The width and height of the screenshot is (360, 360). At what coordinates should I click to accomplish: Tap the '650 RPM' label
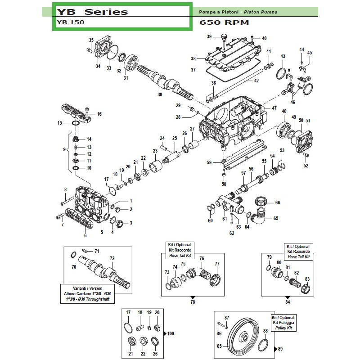coord(224,22)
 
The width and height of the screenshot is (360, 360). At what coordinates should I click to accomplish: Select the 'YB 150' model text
coord(70,22)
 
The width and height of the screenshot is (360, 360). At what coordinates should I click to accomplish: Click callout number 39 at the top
coord(209,36)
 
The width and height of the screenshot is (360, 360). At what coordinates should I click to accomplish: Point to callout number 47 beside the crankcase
coord(274,108)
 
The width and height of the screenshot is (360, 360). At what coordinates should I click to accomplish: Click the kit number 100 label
coord(170,333)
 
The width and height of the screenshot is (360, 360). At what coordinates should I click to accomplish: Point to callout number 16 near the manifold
coord(99,114)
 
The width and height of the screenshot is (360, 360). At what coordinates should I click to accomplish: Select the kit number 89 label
coord(281,349)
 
